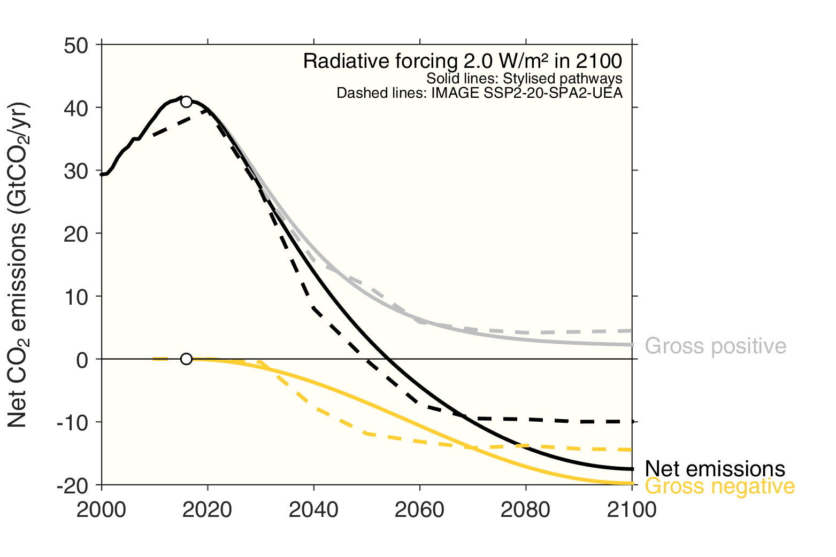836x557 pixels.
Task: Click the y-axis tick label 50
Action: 76,45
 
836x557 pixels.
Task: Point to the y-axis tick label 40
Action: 76,109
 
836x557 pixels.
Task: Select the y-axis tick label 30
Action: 76,171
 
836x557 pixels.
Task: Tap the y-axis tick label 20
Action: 76,234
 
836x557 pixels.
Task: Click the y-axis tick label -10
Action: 72,423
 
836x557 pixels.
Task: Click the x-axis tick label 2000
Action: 101,510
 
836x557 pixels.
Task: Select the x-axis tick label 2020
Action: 207,510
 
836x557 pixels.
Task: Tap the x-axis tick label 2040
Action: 313,510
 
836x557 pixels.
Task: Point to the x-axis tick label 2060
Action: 419,510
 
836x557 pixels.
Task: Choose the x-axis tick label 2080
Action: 525,510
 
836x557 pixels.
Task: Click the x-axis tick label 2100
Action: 632,510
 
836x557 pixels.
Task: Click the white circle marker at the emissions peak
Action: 186,102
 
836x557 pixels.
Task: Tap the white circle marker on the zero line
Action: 186,359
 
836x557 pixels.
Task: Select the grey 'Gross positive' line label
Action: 715,346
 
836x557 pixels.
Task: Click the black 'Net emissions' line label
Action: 715,469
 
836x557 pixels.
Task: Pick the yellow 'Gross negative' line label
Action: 719,486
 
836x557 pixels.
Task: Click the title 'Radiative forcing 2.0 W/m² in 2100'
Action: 462,61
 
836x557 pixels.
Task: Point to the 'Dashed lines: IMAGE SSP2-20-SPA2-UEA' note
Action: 479,93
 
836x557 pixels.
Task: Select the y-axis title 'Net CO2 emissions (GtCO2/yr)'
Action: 18,265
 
